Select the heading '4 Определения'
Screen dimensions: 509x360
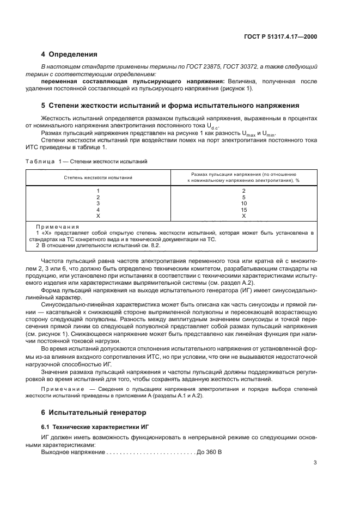pos(69,54)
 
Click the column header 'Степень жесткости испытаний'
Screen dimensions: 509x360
pos(98,177)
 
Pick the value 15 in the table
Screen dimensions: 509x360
pos(243,209)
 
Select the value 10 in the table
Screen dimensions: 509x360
pos(243,203)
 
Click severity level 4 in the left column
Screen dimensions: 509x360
pos(98,209)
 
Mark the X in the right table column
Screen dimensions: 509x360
pos(243,216)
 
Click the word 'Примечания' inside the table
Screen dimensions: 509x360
pos(57,226)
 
